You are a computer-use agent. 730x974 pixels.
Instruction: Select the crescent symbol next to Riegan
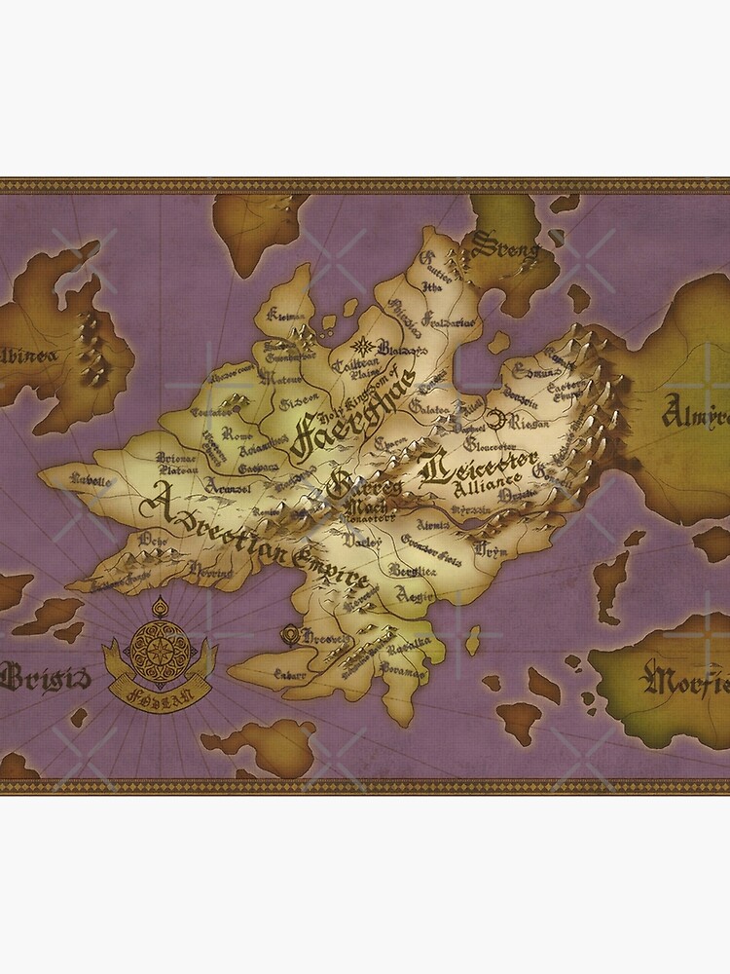pos(497,420)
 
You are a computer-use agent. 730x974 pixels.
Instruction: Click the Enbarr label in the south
pos(289,674)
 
